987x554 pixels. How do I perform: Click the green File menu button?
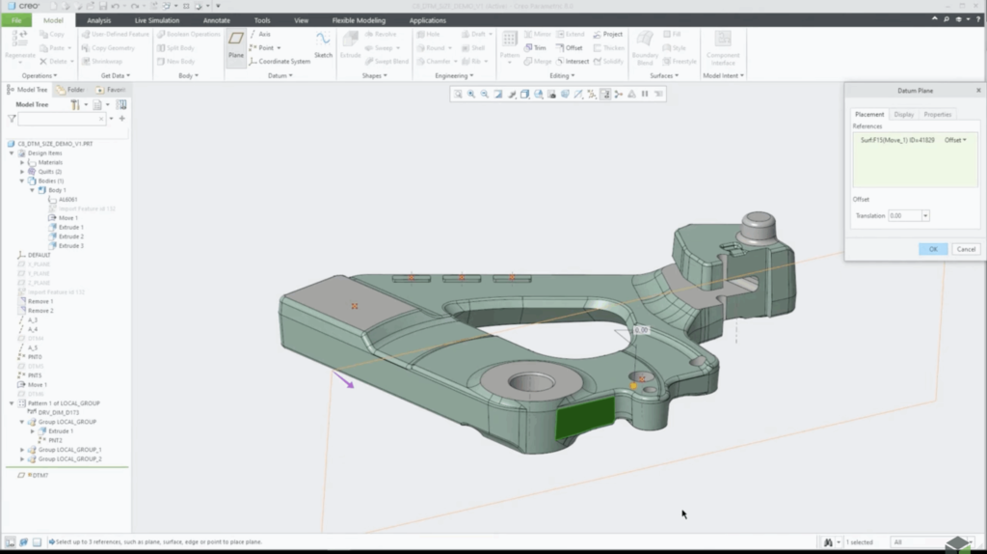pos(16,20)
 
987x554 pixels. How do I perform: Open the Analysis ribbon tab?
pos(98,20)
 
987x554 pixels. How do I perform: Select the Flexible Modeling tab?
pos(359,20)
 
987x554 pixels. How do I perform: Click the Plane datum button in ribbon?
pos(235,44)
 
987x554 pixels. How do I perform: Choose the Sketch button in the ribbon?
pos(323,44)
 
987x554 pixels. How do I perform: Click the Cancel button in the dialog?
pos(965,249)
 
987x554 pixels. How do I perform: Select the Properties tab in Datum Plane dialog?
pos(937,114)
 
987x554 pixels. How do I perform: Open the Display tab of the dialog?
pos(903,114)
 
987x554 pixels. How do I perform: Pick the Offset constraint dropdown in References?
pos(955,140)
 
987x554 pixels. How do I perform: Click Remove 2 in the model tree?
pos(40,311)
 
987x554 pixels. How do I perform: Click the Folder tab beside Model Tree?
pos(74,90)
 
